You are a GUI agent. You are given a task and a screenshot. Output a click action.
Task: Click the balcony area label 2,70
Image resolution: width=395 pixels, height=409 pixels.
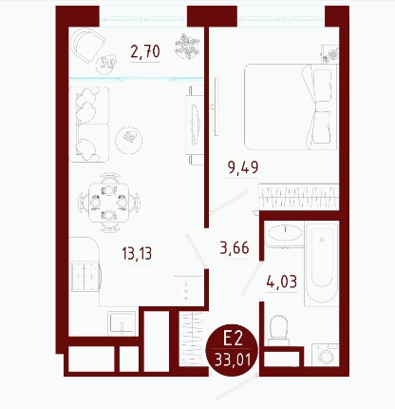(x=145, y=51)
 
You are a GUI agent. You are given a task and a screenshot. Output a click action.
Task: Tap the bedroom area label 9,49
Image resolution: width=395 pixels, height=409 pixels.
(x=243, y=167)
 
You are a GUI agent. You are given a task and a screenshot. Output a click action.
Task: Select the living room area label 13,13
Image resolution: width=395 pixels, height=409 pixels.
(x=137, y=254)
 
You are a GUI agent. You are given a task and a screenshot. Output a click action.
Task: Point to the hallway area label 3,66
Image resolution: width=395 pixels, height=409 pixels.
(x=235, y=247)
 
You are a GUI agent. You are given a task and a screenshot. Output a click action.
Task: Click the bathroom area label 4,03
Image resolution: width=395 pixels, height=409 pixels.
(x=282, y=282)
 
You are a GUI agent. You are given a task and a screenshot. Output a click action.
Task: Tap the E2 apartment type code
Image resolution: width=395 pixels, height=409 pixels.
(x=233, y=339)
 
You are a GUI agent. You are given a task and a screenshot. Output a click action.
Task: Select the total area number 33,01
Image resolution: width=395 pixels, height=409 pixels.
(x=233, y=360)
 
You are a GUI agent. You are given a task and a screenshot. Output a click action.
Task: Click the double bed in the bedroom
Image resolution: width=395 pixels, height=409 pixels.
(x=292, y=107)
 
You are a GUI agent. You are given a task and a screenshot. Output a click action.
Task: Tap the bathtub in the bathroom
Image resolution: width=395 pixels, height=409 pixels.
(x=322, y=263)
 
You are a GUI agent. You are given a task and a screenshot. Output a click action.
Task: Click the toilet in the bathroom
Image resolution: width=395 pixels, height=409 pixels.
(x=278, y=330)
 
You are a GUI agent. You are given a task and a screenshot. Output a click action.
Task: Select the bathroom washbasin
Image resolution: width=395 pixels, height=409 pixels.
(x=285, y=233)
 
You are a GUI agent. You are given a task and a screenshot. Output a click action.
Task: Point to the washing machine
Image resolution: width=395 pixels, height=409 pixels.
(x=325, y=355)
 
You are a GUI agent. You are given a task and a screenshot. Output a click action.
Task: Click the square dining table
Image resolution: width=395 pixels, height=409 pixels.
(x=108, y=203)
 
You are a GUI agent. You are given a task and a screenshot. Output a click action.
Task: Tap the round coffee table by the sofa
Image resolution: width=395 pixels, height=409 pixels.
(x=129, y=140)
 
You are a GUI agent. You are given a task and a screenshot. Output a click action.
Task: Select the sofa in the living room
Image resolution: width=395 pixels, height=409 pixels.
(x=89, y=125)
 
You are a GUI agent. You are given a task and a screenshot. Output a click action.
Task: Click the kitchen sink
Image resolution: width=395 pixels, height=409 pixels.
(x=122, y=323)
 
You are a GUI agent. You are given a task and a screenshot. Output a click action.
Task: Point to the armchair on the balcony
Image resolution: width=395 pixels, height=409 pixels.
(x=87, y=46)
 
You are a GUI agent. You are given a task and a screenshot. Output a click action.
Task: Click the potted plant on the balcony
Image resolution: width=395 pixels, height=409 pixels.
(x=187, y=47)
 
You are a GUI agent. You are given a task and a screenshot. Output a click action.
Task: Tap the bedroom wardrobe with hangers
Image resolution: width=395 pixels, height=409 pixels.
(x=299, y=197)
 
